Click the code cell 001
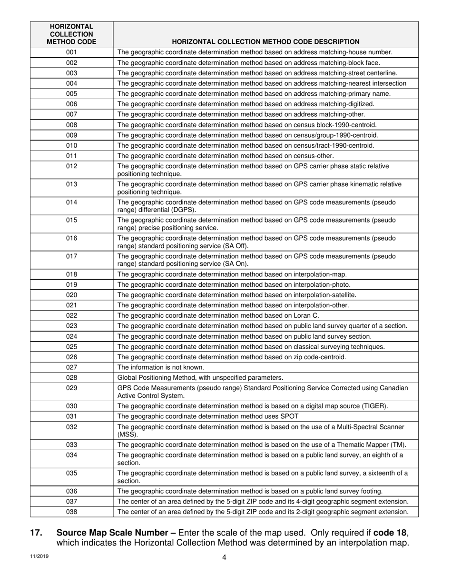pyautogui.click(x=71, y=52)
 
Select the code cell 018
pyautogui.click(x=71, y=274)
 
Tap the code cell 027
pyautogui.click(x=71, y=367)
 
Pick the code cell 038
pyautogui.click(x=71, y=512)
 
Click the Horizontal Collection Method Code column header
pyautogui.click(x=71, y=34)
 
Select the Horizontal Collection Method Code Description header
pyautogui.click(x=265, y=42)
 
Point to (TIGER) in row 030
pyautogui.click(x=374, y=406)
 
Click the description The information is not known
pyautogui.click(x=161, y=367)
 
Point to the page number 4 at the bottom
pyautogui.click(x=224, y=558)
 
